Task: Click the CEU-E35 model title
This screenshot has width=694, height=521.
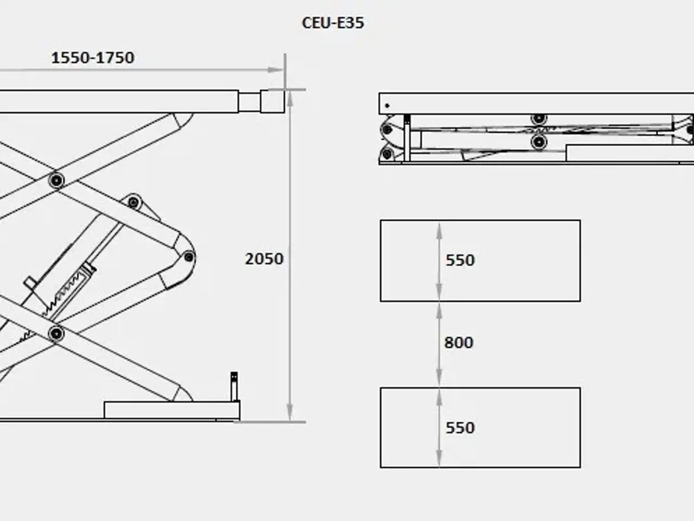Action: pos(333,23)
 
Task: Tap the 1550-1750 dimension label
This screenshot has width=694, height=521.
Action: pos(93,58)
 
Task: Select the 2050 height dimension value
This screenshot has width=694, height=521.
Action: pos(265,259)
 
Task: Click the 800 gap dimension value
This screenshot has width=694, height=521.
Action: pos(459,342)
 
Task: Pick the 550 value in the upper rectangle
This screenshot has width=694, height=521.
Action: pos(460,260)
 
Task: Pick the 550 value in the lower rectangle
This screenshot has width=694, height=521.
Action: pos(460,428)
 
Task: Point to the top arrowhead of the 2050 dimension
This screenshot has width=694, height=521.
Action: pos(290,98)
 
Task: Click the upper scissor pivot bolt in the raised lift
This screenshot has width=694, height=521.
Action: pos(56,180)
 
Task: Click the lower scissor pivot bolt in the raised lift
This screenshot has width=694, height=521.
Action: pos(56,333)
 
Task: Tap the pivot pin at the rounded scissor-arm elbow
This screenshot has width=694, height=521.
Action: pos(189,257)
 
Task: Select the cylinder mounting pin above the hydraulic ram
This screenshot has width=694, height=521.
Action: pos(133,202)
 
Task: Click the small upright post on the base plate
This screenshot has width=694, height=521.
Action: pos(234,386)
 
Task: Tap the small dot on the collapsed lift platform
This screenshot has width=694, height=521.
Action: pos(387,106)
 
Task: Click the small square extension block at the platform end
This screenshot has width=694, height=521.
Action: pos(273,101)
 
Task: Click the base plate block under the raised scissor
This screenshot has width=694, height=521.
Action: pos(172,410)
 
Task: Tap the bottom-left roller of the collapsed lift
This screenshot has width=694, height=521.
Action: pos(387,154)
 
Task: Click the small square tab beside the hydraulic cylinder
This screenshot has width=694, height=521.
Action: pos(30,283)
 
